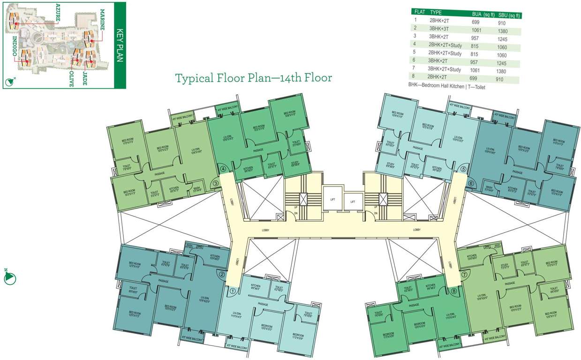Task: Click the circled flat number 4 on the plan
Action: [x=224, y=169]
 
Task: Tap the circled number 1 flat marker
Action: [x=233, y=291]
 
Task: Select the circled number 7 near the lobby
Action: [x=465, y=274]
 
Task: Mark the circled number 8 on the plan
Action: [x=453, y=291]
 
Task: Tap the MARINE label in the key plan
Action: [x=102, y=18]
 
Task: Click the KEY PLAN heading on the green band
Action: [x=119, y=45]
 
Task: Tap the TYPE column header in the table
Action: [x=436, y=12]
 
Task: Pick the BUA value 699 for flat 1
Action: [x=476, y=22]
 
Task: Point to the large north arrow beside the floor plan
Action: [x=10, y=277]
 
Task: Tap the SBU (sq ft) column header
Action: [x=509, y=15]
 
